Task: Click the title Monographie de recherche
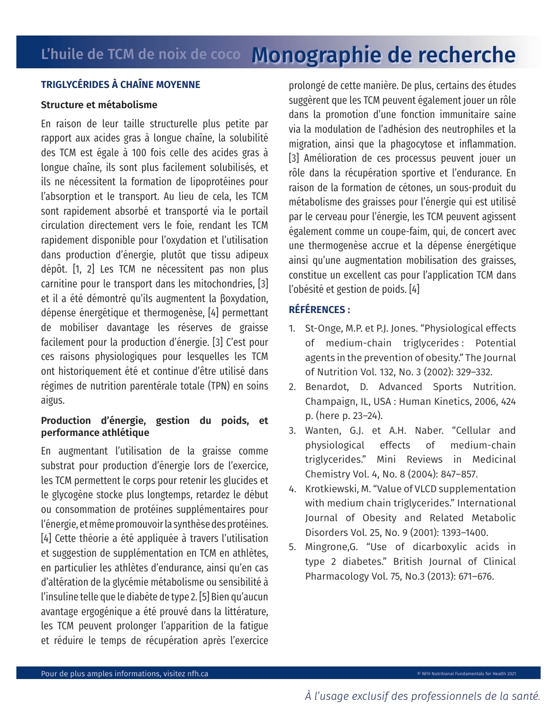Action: pos(383,55)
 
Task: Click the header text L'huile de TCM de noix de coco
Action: pos(140,55)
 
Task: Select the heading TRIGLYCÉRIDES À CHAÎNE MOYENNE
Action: pos(120,85)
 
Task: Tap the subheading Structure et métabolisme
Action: pos(99,105)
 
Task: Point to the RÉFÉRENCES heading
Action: pos(319,310)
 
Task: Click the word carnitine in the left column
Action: pos(60,284)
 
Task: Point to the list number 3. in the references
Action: pos(293,430)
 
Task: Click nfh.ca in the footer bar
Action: pos(198,674)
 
